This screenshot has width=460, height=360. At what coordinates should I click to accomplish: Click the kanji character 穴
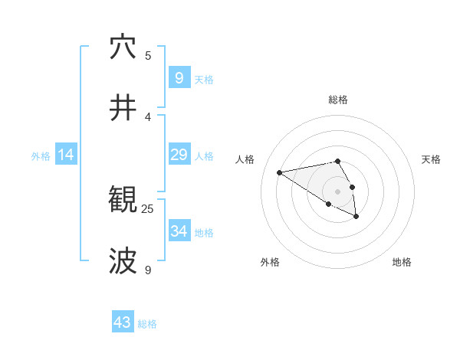click(123, 47)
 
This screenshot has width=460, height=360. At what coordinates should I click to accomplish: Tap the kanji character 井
click(123, 108)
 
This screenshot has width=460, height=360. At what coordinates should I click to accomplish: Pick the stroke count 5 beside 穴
click(148, 55)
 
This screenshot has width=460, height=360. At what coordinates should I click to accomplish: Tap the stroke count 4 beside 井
click(148, 116)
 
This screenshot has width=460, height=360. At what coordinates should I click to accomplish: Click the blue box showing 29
click(179, 155)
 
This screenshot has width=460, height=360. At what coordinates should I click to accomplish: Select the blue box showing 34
click(179, 231)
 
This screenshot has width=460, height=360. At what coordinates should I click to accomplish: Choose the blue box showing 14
click(66, 155)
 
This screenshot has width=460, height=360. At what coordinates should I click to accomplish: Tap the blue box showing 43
click(123, 322)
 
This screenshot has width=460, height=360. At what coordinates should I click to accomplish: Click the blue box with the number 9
click(179, 77)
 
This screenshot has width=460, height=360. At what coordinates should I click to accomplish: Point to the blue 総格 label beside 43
click(147, 324)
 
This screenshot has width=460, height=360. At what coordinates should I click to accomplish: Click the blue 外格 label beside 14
click(41, 156)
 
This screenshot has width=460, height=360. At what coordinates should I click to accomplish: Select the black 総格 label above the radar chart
click(338, 100)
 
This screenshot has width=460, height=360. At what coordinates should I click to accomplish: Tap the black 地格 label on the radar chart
click(402, 262)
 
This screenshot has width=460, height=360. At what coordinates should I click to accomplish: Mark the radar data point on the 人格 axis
click(280, 172)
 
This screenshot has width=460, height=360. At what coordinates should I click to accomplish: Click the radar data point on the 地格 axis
click(356, 217)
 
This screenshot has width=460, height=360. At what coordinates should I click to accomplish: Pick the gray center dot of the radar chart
click(338, 191)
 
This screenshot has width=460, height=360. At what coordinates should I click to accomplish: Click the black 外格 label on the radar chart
click(270, 262)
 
